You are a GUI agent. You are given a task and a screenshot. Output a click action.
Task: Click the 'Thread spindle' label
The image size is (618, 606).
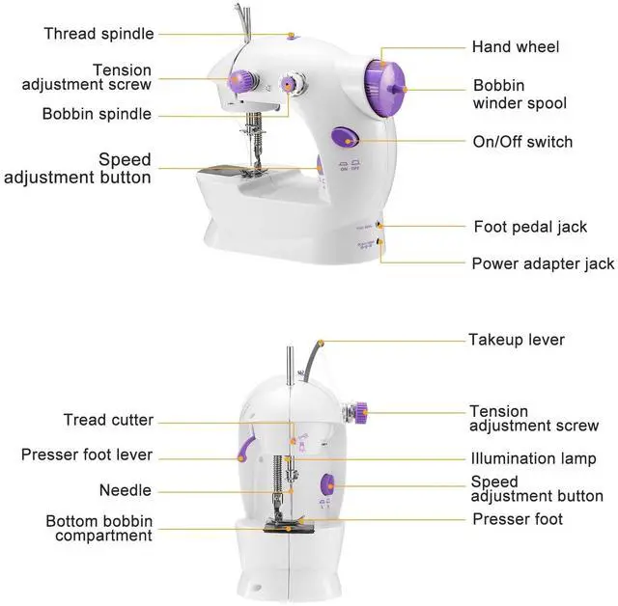click(x=98, y=34)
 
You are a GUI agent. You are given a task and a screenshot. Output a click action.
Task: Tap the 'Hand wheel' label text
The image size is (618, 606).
click(x=515, y=46)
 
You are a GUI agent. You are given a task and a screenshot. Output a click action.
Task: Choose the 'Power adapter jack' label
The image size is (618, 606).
click(x=543, y=263)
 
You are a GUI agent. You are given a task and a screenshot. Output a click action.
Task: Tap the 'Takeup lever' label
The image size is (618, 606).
click(x=517, y=340)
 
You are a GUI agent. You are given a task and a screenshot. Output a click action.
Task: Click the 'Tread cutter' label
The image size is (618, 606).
click(x=108, y=420)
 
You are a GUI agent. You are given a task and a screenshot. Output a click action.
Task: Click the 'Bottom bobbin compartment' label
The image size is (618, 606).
click(x=99, y=529)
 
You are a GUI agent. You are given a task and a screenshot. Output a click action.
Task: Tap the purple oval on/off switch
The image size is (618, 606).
click(x=345, y=138)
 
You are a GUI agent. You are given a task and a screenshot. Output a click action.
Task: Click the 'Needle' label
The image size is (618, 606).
click(x=126, y=491)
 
